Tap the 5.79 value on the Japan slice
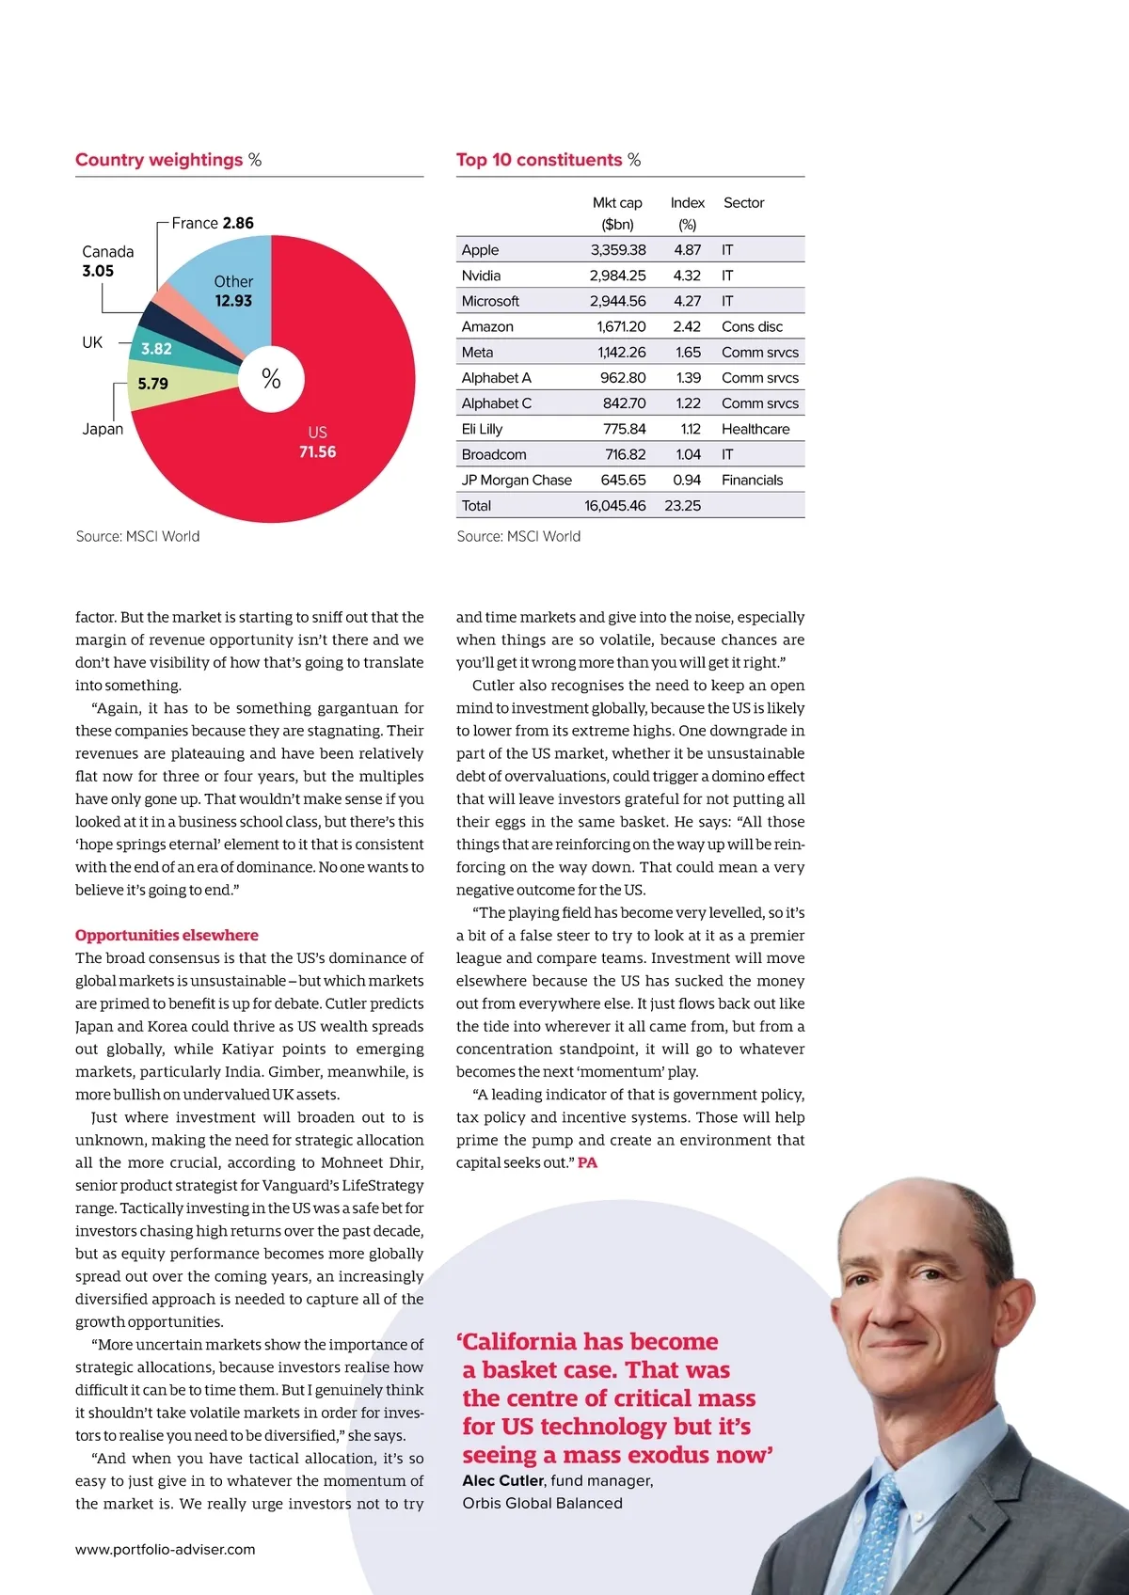(152, 384)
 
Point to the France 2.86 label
(213, 223)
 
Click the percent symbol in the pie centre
(271, 378)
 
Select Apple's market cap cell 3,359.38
(617, 250)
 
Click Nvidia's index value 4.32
(687, 276)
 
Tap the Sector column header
(743, 203)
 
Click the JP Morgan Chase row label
(517, 480)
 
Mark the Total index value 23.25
(682, 506)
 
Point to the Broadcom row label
(494, 454)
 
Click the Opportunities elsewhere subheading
(167, 935)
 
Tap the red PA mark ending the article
(587, 1163)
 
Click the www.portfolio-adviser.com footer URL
(166, 1549)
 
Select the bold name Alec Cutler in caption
(503, 1480)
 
